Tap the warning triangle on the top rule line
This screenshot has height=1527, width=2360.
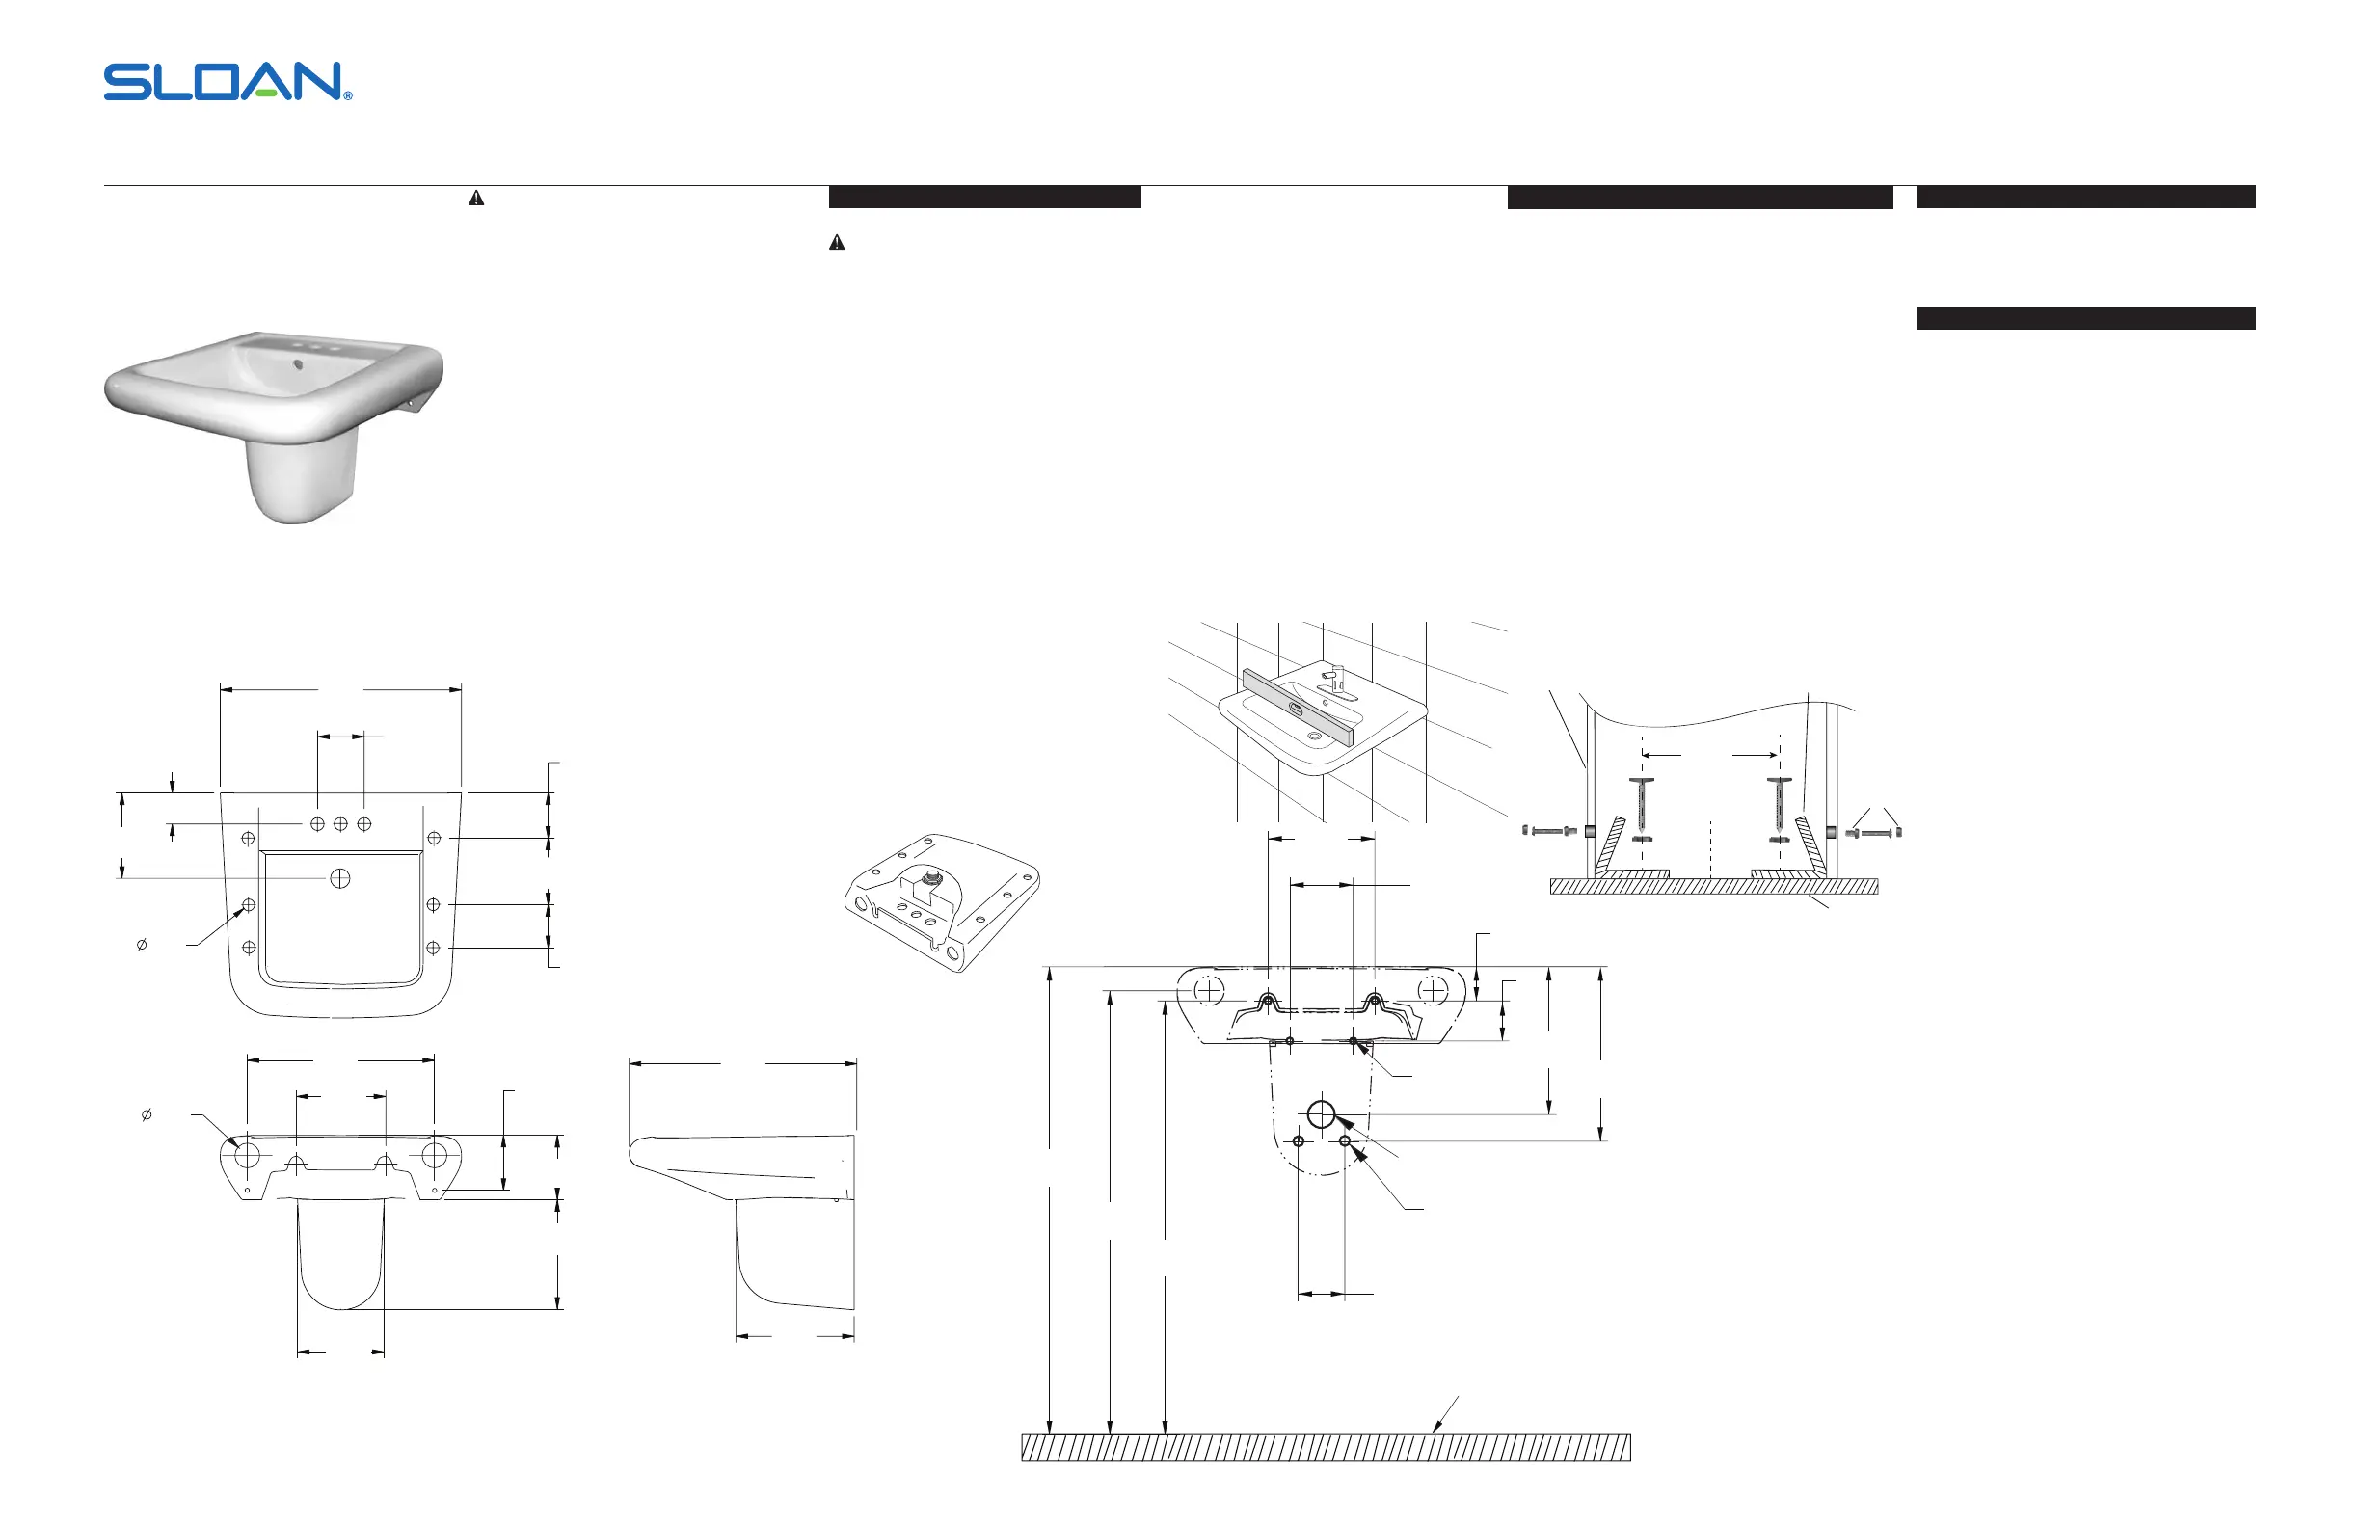click(x=476, y=199)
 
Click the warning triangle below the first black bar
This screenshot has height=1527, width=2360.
click(x=837, y=243)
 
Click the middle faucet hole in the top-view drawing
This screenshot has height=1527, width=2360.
click(x=340, y=824)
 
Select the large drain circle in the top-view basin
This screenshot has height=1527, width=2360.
click(x=340, y=877)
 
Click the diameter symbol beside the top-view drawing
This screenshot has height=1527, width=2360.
click(x=141, y=945)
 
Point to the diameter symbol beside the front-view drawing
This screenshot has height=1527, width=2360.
click(x=147, y=1114)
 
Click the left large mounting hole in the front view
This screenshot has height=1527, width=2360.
click(x=247, y=1154)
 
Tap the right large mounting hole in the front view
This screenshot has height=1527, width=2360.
click(x=435, y=1154)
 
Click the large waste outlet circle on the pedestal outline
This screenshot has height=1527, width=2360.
click(x=1321, y=1114)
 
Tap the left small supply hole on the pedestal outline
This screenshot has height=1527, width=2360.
click(x=1298, y=1141)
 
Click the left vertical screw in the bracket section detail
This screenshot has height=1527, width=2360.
click(x=1641, y=808)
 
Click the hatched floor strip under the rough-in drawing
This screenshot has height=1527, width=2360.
click(x=1326, y=1448)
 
